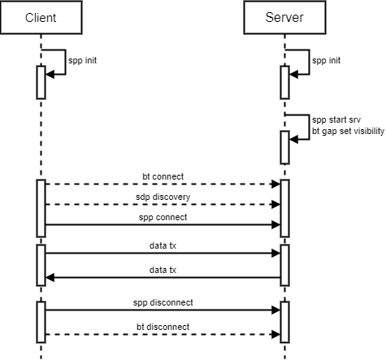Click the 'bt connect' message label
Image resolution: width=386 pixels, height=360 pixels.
(163, 176)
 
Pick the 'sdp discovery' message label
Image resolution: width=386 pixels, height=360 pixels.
(163, 197)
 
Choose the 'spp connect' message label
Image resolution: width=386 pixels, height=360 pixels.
(163, 217)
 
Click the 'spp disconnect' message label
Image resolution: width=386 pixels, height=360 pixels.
(163, 302)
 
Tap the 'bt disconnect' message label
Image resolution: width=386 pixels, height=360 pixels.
(163, 327)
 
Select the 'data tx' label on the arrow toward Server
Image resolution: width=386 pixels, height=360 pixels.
(163, 245)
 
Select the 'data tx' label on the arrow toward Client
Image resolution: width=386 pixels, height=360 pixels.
(163, 270)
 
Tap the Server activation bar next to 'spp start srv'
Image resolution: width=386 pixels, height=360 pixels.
(284, 147)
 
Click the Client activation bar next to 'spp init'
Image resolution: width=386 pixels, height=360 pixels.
(41, 81)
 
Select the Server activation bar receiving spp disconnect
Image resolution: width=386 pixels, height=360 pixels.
(284, 321)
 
